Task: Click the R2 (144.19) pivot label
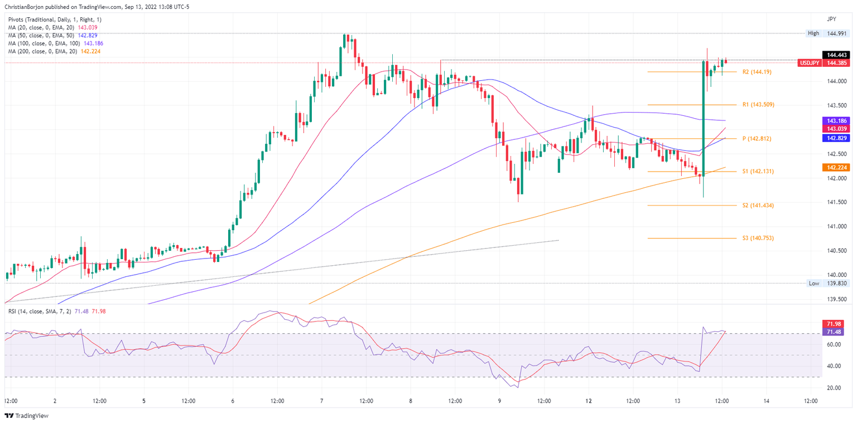click(757, 72)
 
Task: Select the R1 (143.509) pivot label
click(758, 105)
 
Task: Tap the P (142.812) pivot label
click(753, 138)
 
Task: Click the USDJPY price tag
click(809, 63)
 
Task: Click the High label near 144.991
click(813, 33)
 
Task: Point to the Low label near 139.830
click(813, 283)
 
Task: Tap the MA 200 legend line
click(54, 51)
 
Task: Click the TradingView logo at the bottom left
click(27, 416)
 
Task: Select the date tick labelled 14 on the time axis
click(766, 401)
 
